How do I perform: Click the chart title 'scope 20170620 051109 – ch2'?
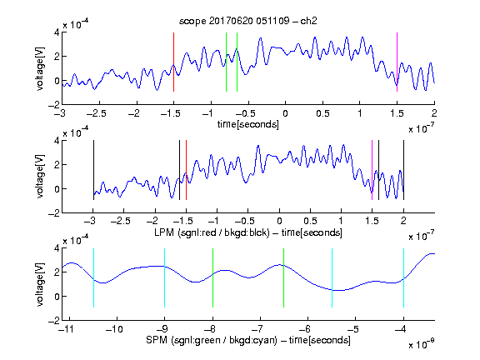pyautogui.click(x=248, y=21)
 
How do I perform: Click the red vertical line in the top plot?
pyautogui.click(x=173, y=62)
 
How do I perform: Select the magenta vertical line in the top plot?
pyautogui.click(x=397, y=62)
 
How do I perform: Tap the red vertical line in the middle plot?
pyautogui.click(x=186, y=170)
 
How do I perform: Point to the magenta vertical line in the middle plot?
pyautogui.click(x=372, y=170)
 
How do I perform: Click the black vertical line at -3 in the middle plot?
pyautogui.click(x=93, y=170)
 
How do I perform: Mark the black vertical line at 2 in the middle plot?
pyautogui.click(x=404, y=170)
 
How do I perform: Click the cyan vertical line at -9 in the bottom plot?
pyautogui.click(x=165, y=277)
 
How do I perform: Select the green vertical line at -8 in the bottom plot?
pyautogui.click(x=212, y=277)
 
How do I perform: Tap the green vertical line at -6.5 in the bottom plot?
pyautogui.click(x=284, y=277)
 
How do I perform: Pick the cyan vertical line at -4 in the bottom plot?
pyautogui.click(x=404, y=277)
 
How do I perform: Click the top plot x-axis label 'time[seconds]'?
pyautogui.click(x=248, y=124)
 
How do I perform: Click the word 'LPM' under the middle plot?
pyautogui.click(x=164, y=232)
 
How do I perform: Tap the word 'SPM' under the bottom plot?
pyautogui.click(x=157, y=340)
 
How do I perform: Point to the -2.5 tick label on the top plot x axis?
pyautogui.click(x=97, y=113)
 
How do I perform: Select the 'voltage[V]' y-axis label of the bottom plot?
pyautogui.click(x=40, y=284)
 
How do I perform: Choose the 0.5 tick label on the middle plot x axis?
pyautogui.click(x=310, y=221)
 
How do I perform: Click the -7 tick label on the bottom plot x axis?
pyautogui.click(x=257, y=329)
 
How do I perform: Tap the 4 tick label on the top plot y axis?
pyautogui.click(x=57, y=32)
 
